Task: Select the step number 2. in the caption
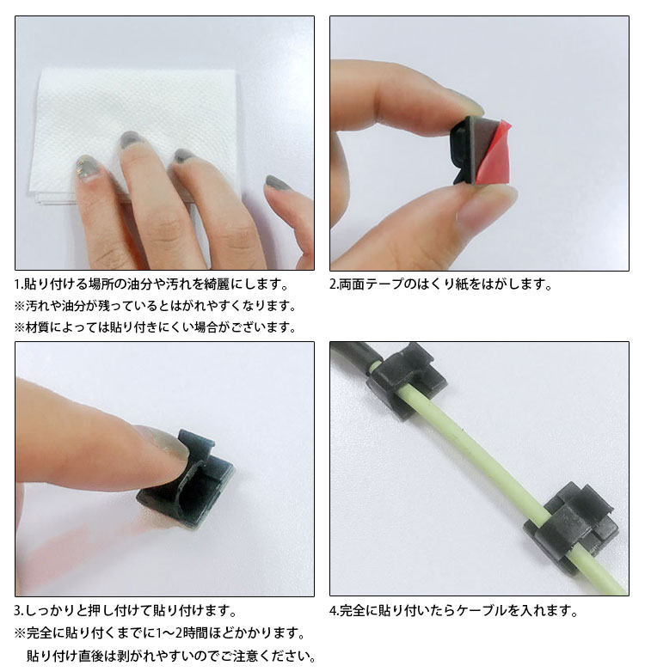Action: pos(335,284)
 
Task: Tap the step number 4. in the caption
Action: pos(335,611)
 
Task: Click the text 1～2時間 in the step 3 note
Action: pos(188,633)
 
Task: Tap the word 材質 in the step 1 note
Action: pos(40,327)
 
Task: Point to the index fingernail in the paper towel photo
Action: pos(131,140)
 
